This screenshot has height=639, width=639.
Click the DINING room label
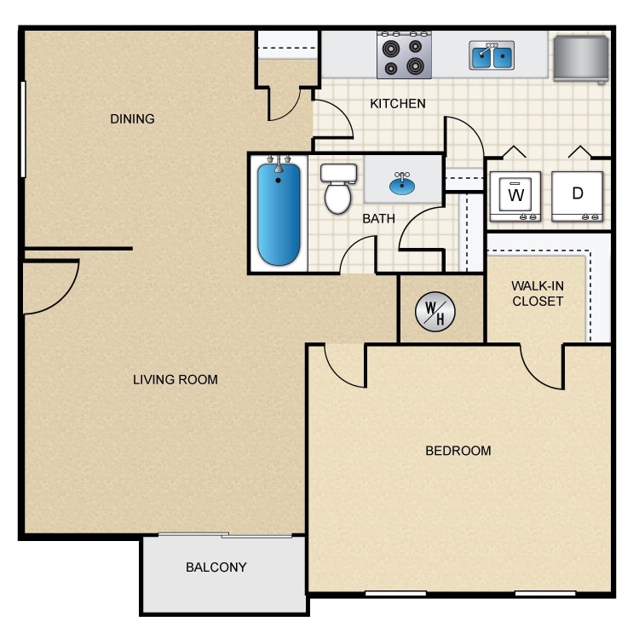(133, 119)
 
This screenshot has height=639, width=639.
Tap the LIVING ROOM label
(175, 379)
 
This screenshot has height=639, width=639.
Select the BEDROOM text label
(458, 451)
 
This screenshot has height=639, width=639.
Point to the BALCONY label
(216, 567)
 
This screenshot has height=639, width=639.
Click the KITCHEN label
(397, 104)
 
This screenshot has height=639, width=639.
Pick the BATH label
(378, 219)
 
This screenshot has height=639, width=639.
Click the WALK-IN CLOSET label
(537, 293)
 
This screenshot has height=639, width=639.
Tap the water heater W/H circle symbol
(435, 312)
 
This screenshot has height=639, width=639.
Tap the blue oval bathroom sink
(403, 181)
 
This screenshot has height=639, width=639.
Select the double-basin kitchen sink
(492, 56)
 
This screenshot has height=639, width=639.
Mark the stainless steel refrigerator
(580, 58)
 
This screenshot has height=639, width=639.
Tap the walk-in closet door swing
(541, 368)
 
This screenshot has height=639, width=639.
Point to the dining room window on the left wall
(23, 129)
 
